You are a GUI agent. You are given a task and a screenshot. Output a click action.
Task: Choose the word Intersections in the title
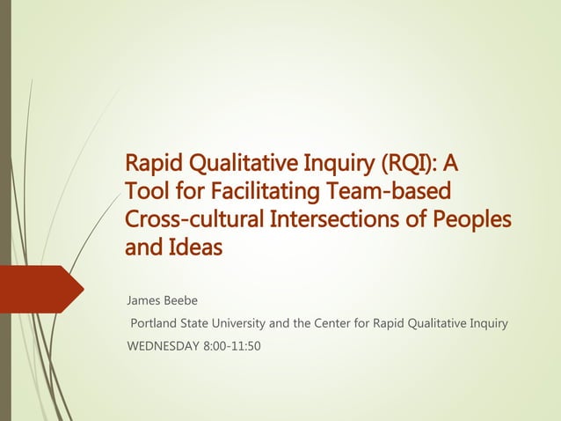click(330, 219)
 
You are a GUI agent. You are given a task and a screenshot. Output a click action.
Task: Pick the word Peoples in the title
click(473, 219)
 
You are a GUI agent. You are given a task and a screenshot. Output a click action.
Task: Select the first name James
click(145, 301)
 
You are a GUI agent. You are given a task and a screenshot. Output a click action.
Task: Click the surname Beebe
click(183, 301)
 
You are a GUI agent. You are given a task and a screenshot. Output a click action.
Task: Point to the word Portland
click(156, 323)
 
